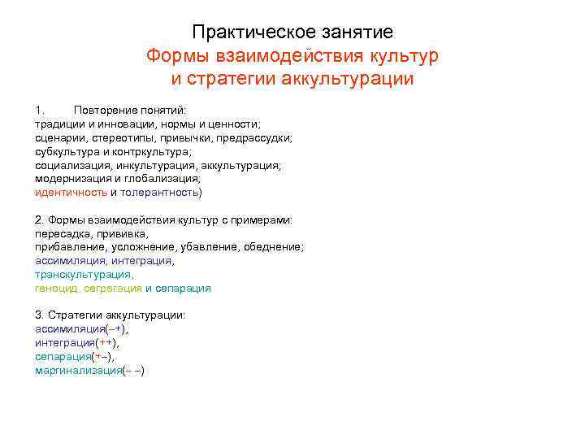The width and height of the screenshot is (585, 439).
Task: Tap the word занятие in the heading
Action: coord(353,33)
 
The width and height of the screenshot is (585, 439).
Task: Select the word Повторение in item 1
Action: coord(106,110)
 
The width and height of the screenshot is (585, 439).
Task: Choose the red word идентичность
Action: coord(71,193)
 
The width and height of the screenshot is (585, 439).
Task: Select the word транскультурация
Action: coord(84,275)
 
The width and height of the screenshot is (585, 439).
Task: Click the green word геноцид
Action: coord(57,289)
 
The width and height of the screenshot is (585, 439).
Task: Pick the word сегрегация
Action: coord(112,289)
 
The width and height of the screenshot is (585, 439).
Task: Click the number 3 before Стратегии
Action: coord(38,315)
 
